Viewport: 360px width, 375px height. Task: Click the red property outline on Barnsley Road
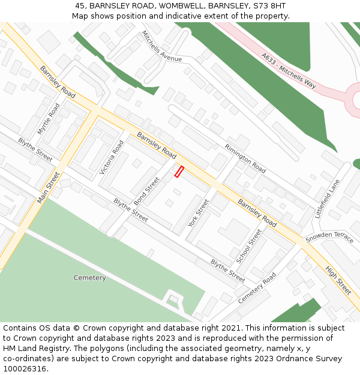[178, 172]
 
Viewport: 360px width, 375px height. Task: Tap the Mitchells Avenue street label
[161, 47]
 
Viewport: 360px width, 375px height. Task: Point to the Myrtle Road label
[49, 119]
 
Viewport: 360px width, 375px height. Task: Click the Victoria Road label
[112, 158]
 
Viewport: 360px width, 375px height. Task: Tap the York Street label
[198, 213]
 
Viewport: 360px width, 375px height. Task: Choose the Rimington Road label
[245, 158]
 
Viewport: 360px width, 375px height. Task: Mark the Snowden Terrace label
[329, 238]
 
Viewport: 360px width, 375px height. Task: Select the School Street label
[249, 246]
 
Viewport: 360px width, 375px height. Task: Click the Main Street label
[49, 187]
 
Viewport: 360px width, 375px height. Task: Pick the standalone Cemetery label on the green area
[89, 278]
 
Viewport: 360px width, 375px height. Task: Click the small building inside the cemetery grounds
[173, 298]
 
